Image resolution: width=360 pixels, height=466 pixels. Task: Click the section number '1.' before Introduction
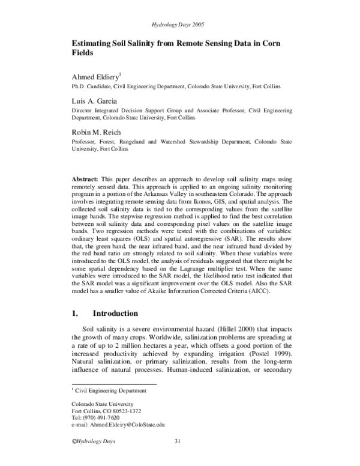(76, 313)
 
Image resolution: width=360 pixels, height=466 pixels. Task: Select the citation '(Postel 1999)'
(267, 355)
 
